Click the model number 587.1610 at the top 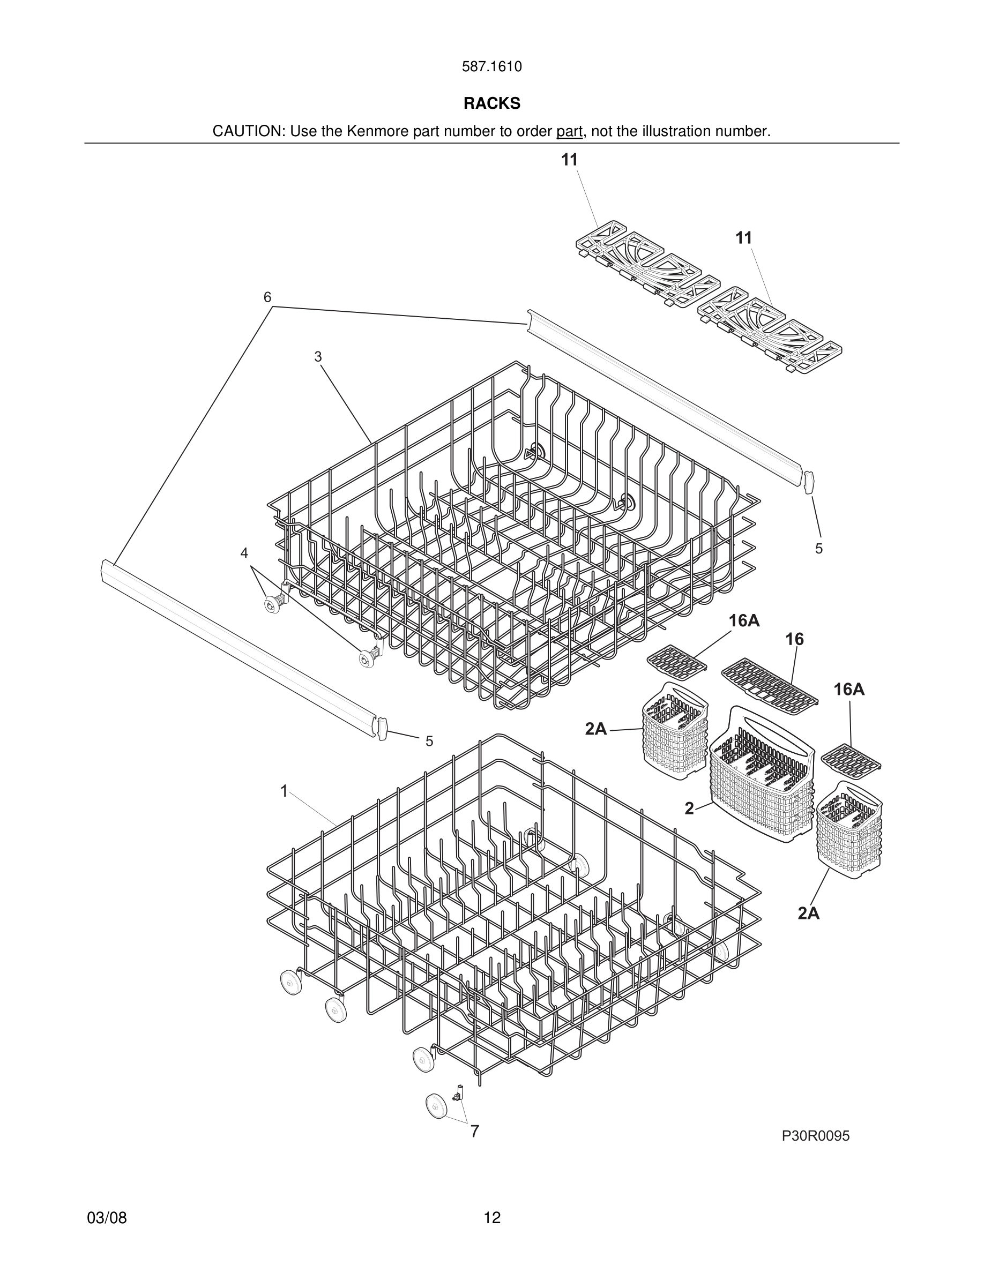pyautogui.click(x=491, y=67)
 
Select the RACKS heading pyautogui.click(x=491, y=103)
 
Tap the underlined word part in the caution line pyautogui.click(x=569, y=132)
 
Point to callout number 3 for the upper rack pyautogui.click(x=318, y=357)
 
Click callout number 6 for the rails pyautogui.click(x=267, y=297)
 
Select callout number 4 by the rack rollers pyautogui.click(x=244, y=553)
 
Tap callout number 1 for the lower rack pyautogui.click(x=284, y=791)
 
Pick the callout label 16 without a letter pyautogui.click(x=794, y=639)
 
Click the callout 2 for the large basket pyautogui.click(x=689, y=808)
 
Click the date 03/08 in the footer pyautogui.click(x=107, y=1218)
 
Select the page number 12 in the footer pyautogui.click(x=491, y=1218)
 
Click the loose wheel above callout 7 pyautogui.click(x=435, y=1106)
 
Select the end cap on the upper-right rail pyautogui.click(x=809, y=483)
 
